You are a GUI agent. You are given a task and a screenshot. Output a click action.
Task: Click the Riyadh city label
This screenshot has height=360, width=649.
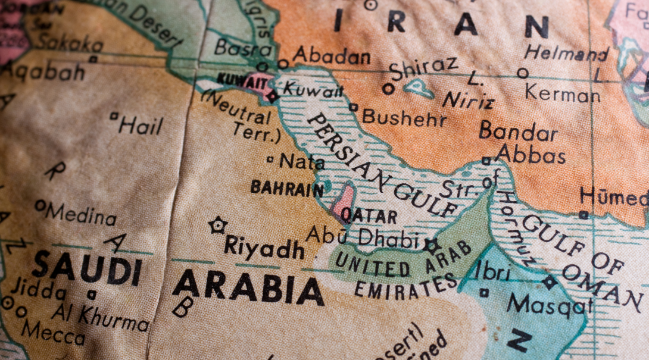click(x=263, y=246)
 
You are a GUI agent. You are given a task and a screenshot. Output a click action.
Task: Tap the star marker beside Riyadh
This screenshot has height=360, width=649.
click(x=218, y=226)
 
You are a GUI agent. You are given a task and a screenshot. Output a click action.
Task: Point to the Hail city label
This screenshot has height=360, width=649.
click(x=140, y=125)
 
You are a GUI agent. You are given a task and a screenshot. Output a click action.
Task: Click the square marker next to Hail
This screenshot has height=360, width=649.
click(x=114, y=116)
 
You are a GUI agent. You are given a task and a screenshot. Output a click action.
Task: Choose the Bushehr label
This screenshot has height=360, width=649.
click(x=404, y=117)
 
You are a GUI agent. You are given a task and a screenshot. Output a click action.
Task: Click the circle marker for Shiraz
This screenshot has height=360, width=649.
click(x=388, y=89)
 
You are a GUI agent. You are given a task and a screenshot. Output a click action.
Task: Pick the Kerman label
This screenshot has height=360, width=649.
click(x=562, y=93)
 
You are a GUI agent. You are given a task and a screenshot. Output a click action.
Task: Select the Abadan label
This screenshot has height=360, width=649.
click(x=332, y=56)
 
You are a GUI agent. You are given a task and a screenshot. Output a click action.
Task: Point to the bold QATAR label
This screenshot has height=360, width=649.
click(x=369, y=217)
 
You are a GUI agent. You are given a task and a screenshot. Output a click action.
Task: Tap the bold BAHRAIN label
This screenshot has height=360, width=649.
click(x=287, y=188)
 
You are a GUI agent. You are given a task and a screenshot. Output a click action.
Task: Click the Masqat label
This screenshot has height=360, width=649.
click(x=550, y=305)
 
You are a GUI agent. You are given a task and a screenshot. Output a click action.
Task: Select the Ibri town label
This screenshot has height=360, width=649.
click(x=493, y=271)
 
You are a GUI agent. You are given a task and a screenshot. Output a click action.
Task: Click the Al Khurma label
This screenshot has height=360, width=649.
click(x=100, y=317)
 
